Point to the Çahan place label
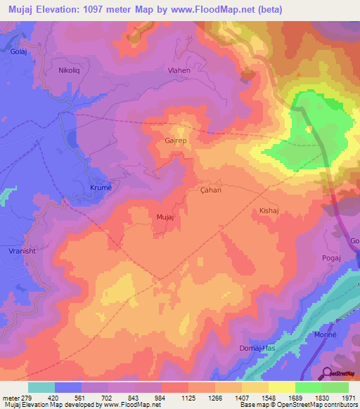(x=210, y=190)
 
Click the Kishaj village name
(x=270, y=210)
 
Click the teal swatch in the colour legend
(x=41, y=387)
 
